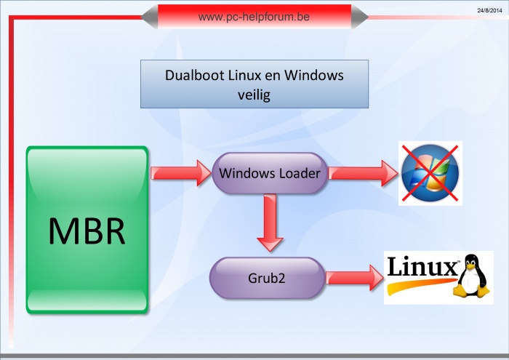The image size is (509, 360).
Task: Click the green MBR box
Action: (x=87, y=230)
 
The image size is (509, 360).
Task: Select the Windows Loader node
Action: (x=270, y=173)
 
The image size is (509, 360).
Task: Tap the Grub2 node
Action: (x=267, y=278)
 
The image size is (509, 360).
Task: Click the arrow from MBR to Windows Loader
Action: (x=181, y=173)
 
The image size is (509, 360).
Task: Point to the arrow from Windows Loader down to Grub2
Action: (x=270, y=223)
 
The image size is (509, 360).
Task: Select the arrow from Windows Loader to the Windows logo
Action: (x=364, y=173)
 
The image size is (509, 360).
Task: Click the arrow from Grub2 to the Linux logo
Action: (x=355, y=278)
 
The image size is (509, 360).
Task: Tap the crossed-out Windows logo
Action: (x=430, y=173)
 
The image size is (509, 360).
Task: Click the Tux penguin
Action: (x=473, y=276)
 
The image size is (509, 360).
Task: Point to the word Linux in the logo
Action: (x=423, y=266)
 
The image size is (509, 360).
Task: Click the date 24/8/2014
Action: (x=489, y=10)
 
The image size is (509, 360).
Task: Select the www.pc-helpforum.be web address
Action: (x=254, y=17)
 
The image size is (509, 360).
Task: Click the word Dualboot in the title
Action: (x=194, y=75)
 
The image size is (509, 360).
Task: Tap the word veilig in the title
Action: (x=254, y=95)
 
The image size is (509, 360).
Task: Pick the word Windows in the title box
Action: (x=314, y=75)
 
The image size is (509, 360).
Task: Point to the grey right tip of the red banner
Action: (x=359, y=17)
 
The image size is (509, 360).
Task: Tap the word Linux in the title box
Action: (x=244, y=75)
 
